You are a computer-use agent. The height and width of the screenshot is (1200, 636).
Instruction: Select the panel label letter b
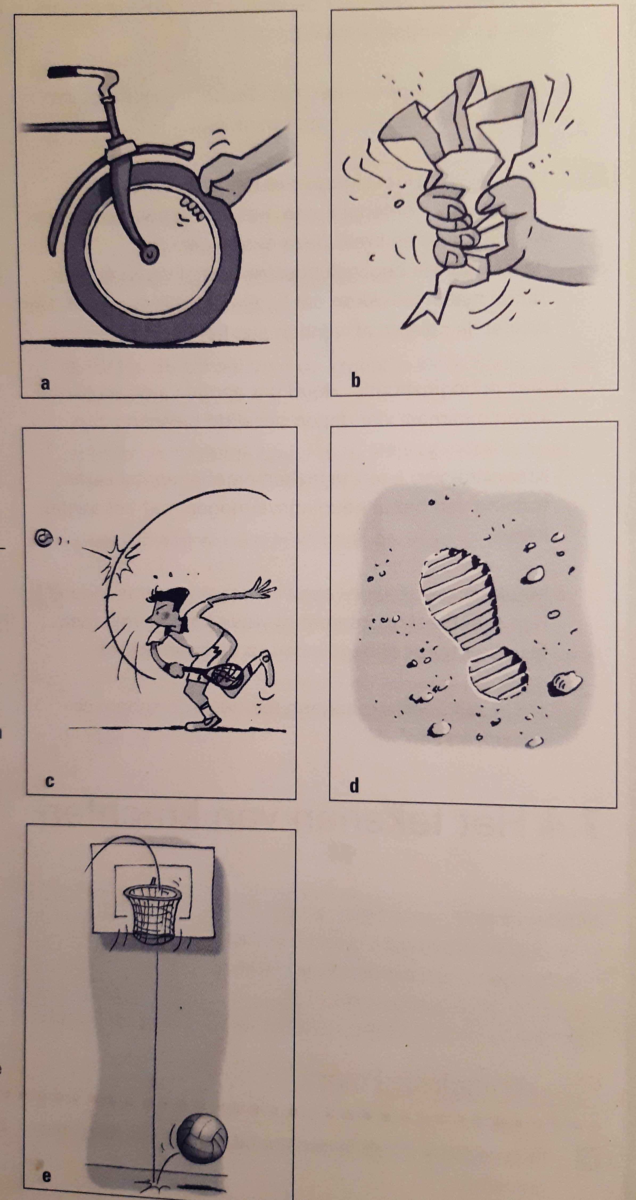pyautogui.click(x=355, y=381)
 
